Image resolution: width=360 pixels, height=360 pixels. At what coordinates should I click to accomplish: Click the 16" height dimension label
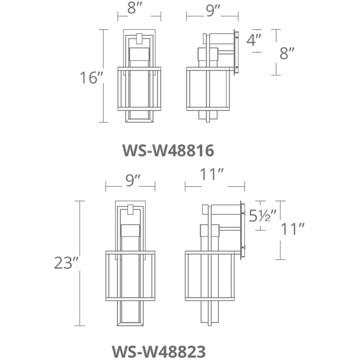pos(91,78)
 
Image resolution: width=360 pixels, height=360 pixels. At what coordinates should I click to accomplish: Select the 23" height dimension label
pos(66,263)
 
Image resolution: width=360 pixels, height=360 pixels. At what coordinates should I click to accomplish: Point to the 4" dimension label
pos(254,40)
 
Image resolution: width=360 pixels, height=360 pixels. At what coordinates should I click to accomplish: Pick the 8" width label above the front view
pos(139,10)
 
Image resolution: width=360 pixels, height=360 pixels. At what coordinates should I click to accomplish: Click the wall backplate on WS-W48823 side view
pos(243,230)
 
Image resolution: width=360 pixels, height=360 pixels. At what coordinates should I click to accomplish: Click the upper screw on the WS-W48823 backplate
pos(243,213)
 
